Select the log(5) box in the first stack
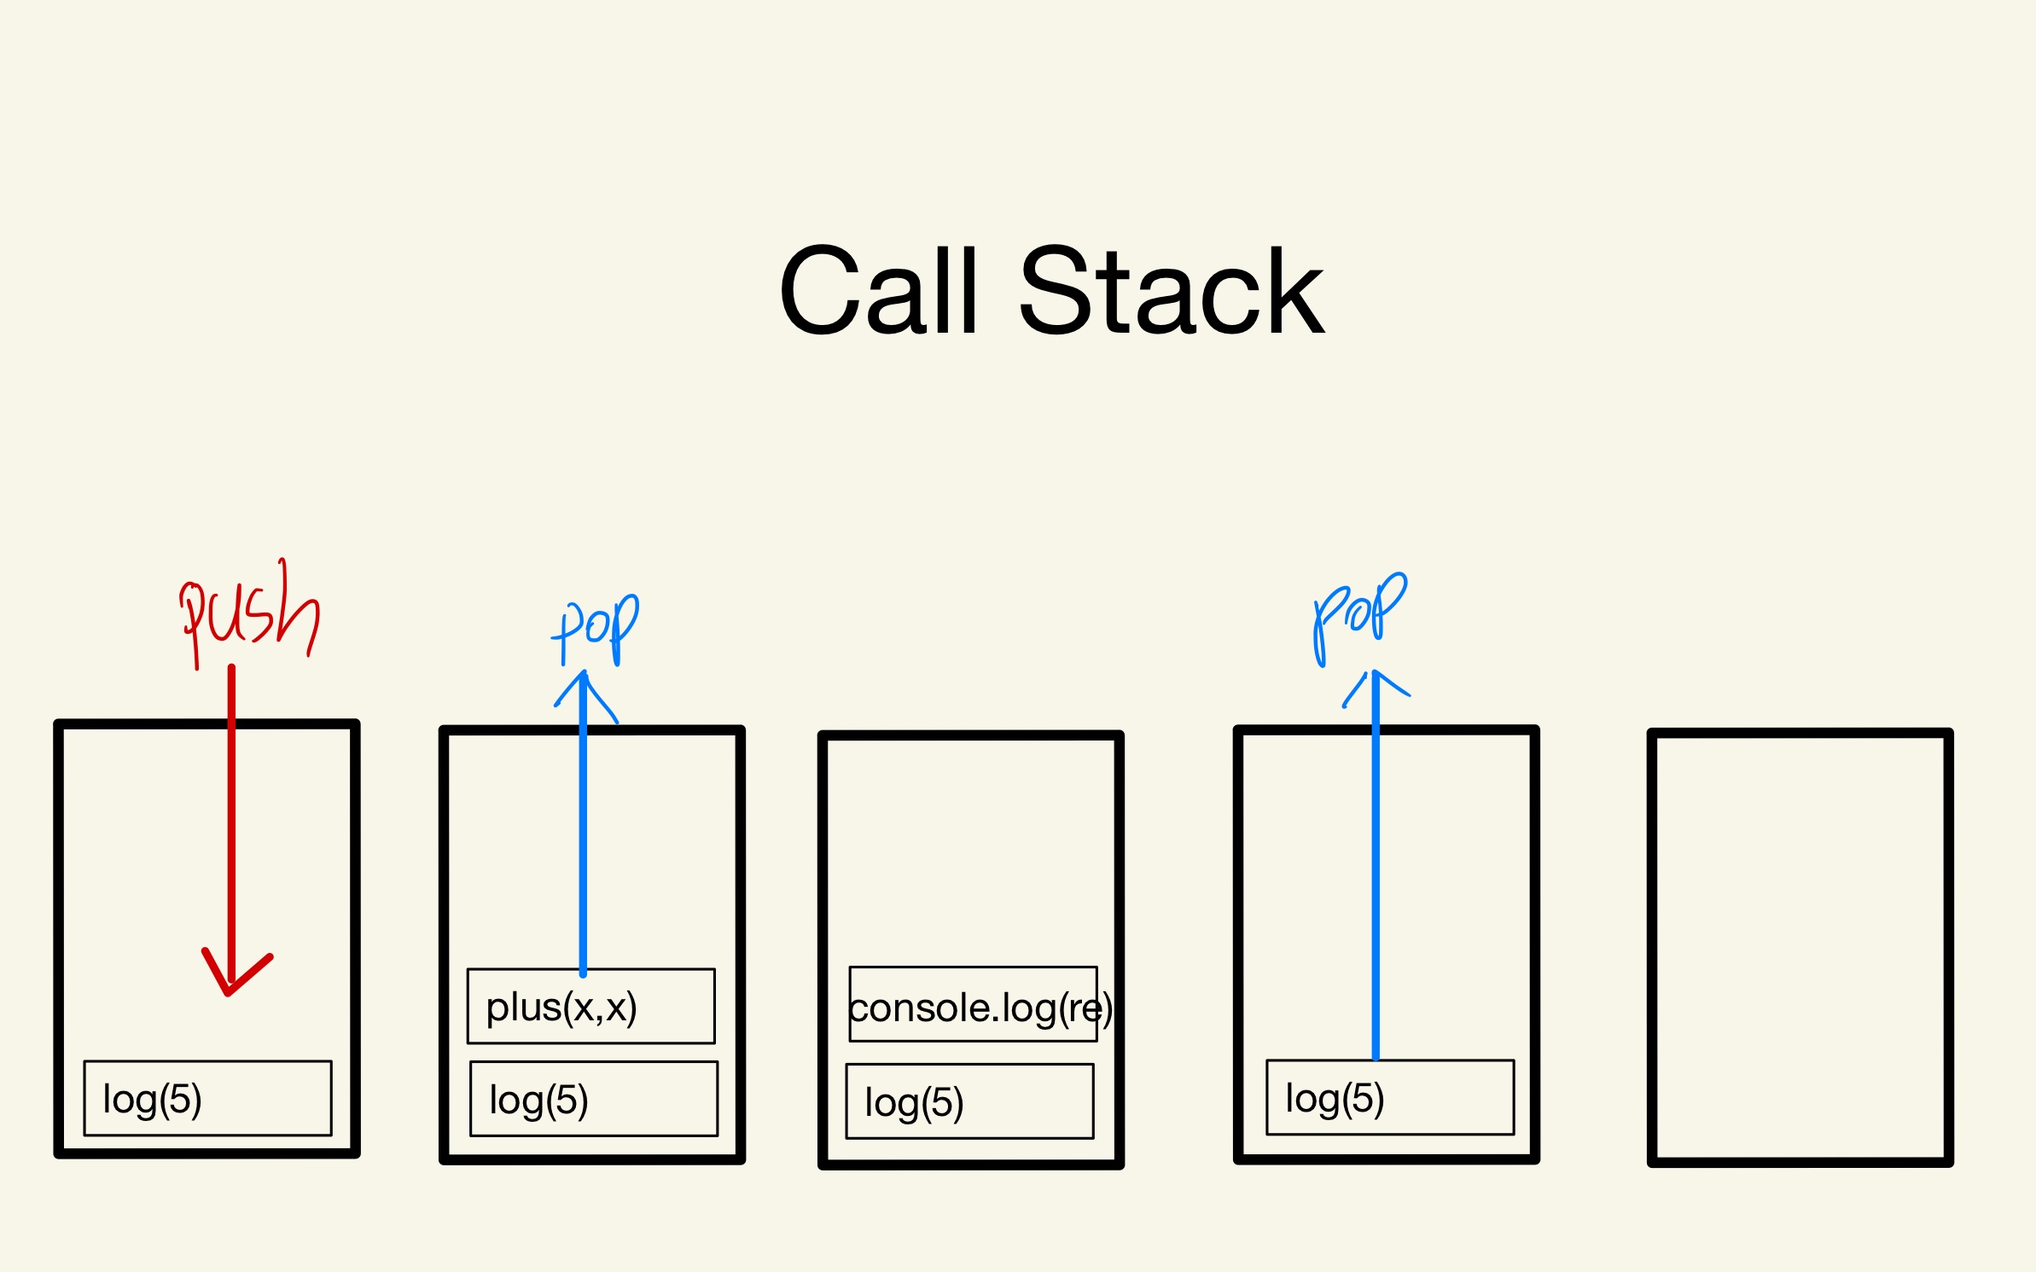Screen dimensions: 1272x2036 point(207,1098)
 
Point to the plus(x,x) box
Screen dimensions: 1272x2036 point(590,1006)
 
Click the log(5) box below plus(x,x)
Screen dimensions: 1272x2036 point(593,1099)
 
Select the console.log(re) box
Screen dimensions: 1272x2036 point(973,1005)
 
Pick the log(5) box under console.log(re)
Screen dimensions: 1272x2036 point(969,1101)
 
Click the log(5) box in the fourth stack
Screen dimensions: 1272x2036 point(1389,1098)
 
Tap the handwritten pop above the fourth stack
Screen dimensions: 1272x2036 point(1358,614)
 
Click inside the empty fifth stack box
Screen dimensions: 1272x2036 point(1799,947)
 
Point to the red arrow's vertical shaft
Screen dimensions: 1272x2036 point(231,810)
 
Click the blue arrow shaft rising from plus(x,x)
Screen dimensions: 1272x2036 point(584,836)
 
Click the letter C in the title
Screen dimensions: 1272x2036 point(819,290)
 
